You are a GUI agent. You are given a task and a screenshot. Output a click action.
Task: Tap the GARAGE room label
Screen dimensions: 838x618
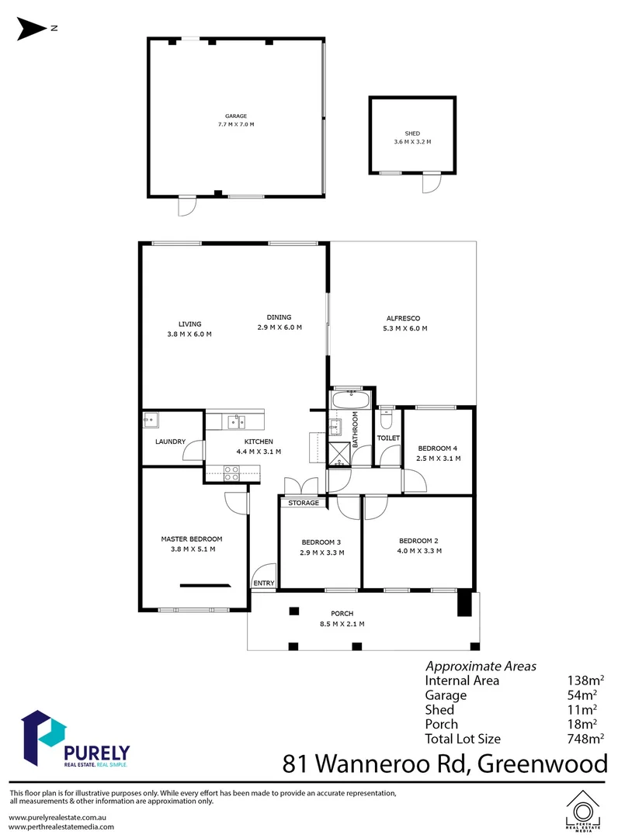pyautogui.click(x=236, y=116)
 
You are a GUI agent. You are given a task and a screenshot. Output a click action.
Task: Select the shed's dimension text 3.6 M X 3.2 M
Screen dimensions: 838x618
pyautogui.click(x=411, y=142)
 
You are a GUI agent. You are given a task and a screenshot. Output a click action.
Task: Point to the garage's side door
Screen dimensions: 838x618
pyautogui.click(x=186, y=206)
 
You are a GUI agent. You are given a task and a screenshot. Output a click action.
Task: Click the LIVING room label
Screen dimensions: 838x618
pyautogui.click(x=189, y=324)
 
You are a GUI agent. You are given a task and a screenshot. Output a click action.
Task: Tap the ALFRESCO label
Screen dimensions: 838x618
pyautogui.click(x=403, y=318)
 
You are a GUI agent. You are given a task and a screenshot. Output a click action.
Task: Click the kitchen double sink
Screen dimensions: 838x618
pyautogui.click(x=236, y=422)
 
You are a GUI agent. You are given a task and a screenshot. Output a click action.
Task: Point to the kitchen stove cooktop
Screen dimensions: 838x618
pyautogui.click(x=232, y=470)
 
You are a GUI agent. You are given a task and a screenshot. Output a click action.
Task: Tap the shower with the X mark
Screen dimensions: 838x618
pyautogui.click(x=339, y=453)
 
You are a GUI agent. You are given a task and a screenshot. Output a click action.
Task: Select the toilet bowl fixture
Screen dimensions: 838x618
pyautogui.click(x=388, y=419)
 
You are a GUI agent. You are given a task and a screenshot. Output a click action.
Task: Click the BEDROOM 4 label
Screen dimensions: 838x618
pyautogui.click(x=439, y=448)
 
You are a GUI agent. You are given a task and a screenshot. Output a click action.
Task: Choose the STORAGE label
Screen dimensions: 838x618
pyautogui.click(x=304, y=503)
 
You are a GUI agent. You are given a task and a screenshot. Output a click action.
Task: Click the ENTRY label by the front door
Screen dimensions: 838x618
pyautogui.click(x=263, y=583)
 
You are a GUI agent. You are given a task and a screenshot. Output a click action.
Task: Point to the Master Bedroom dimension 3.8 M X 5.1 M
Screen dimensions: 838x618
pyautogui.click(x=192, y=549)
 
